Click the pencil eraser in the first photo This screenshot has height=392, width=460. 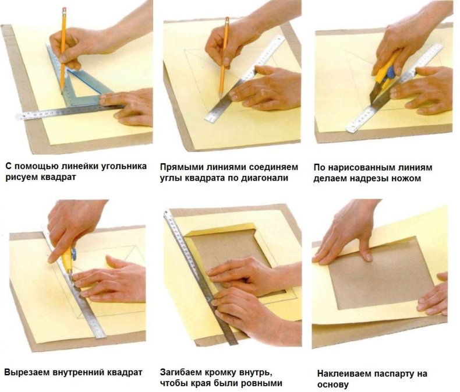coord(64,10)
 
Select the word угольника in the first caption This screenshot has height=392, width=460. coord(123,167)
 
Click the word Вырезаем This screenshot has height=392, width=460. coord(27,373)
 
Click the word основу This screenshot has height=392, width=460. coord(333,384)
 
